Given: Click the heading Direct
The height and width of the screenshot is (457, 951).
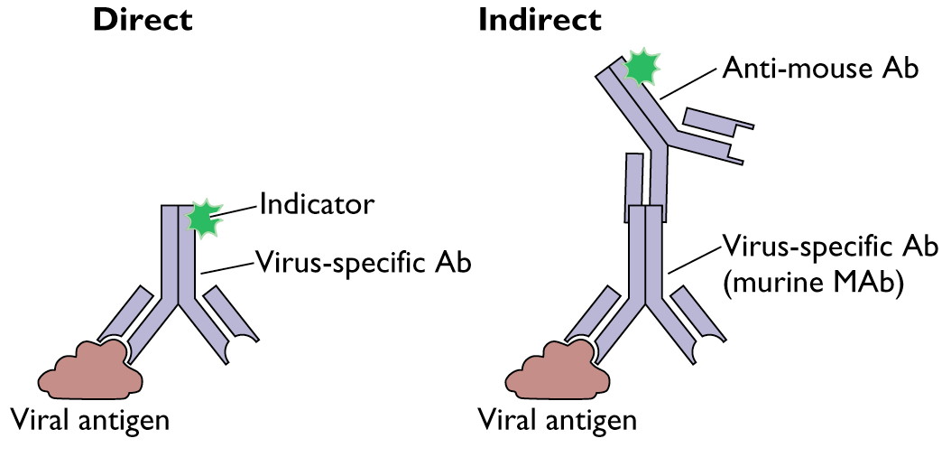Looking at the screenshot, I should [143, 20].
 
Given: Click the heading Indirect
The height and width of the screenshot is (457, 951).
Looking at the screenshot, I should [540, 20].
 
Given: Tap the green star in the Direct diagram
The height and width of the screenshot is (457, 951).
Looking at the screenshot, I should [205, 218].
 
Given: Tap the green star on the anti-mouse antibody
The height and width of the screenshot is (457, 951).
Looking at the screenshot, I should [642, 66].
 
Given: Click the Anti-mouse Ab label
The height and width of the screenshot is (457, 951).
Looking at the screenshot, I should [820, 69].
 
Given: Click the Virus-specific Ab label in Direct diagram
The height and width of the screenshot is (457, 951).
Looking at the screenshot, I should [363, 263].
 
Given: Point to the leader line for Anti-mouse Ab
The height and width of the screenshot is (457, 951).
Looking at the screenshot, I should [690, 82].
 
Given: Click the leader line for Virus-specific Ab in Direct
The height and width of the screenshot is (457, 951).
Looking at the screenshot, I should [226, 268].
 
